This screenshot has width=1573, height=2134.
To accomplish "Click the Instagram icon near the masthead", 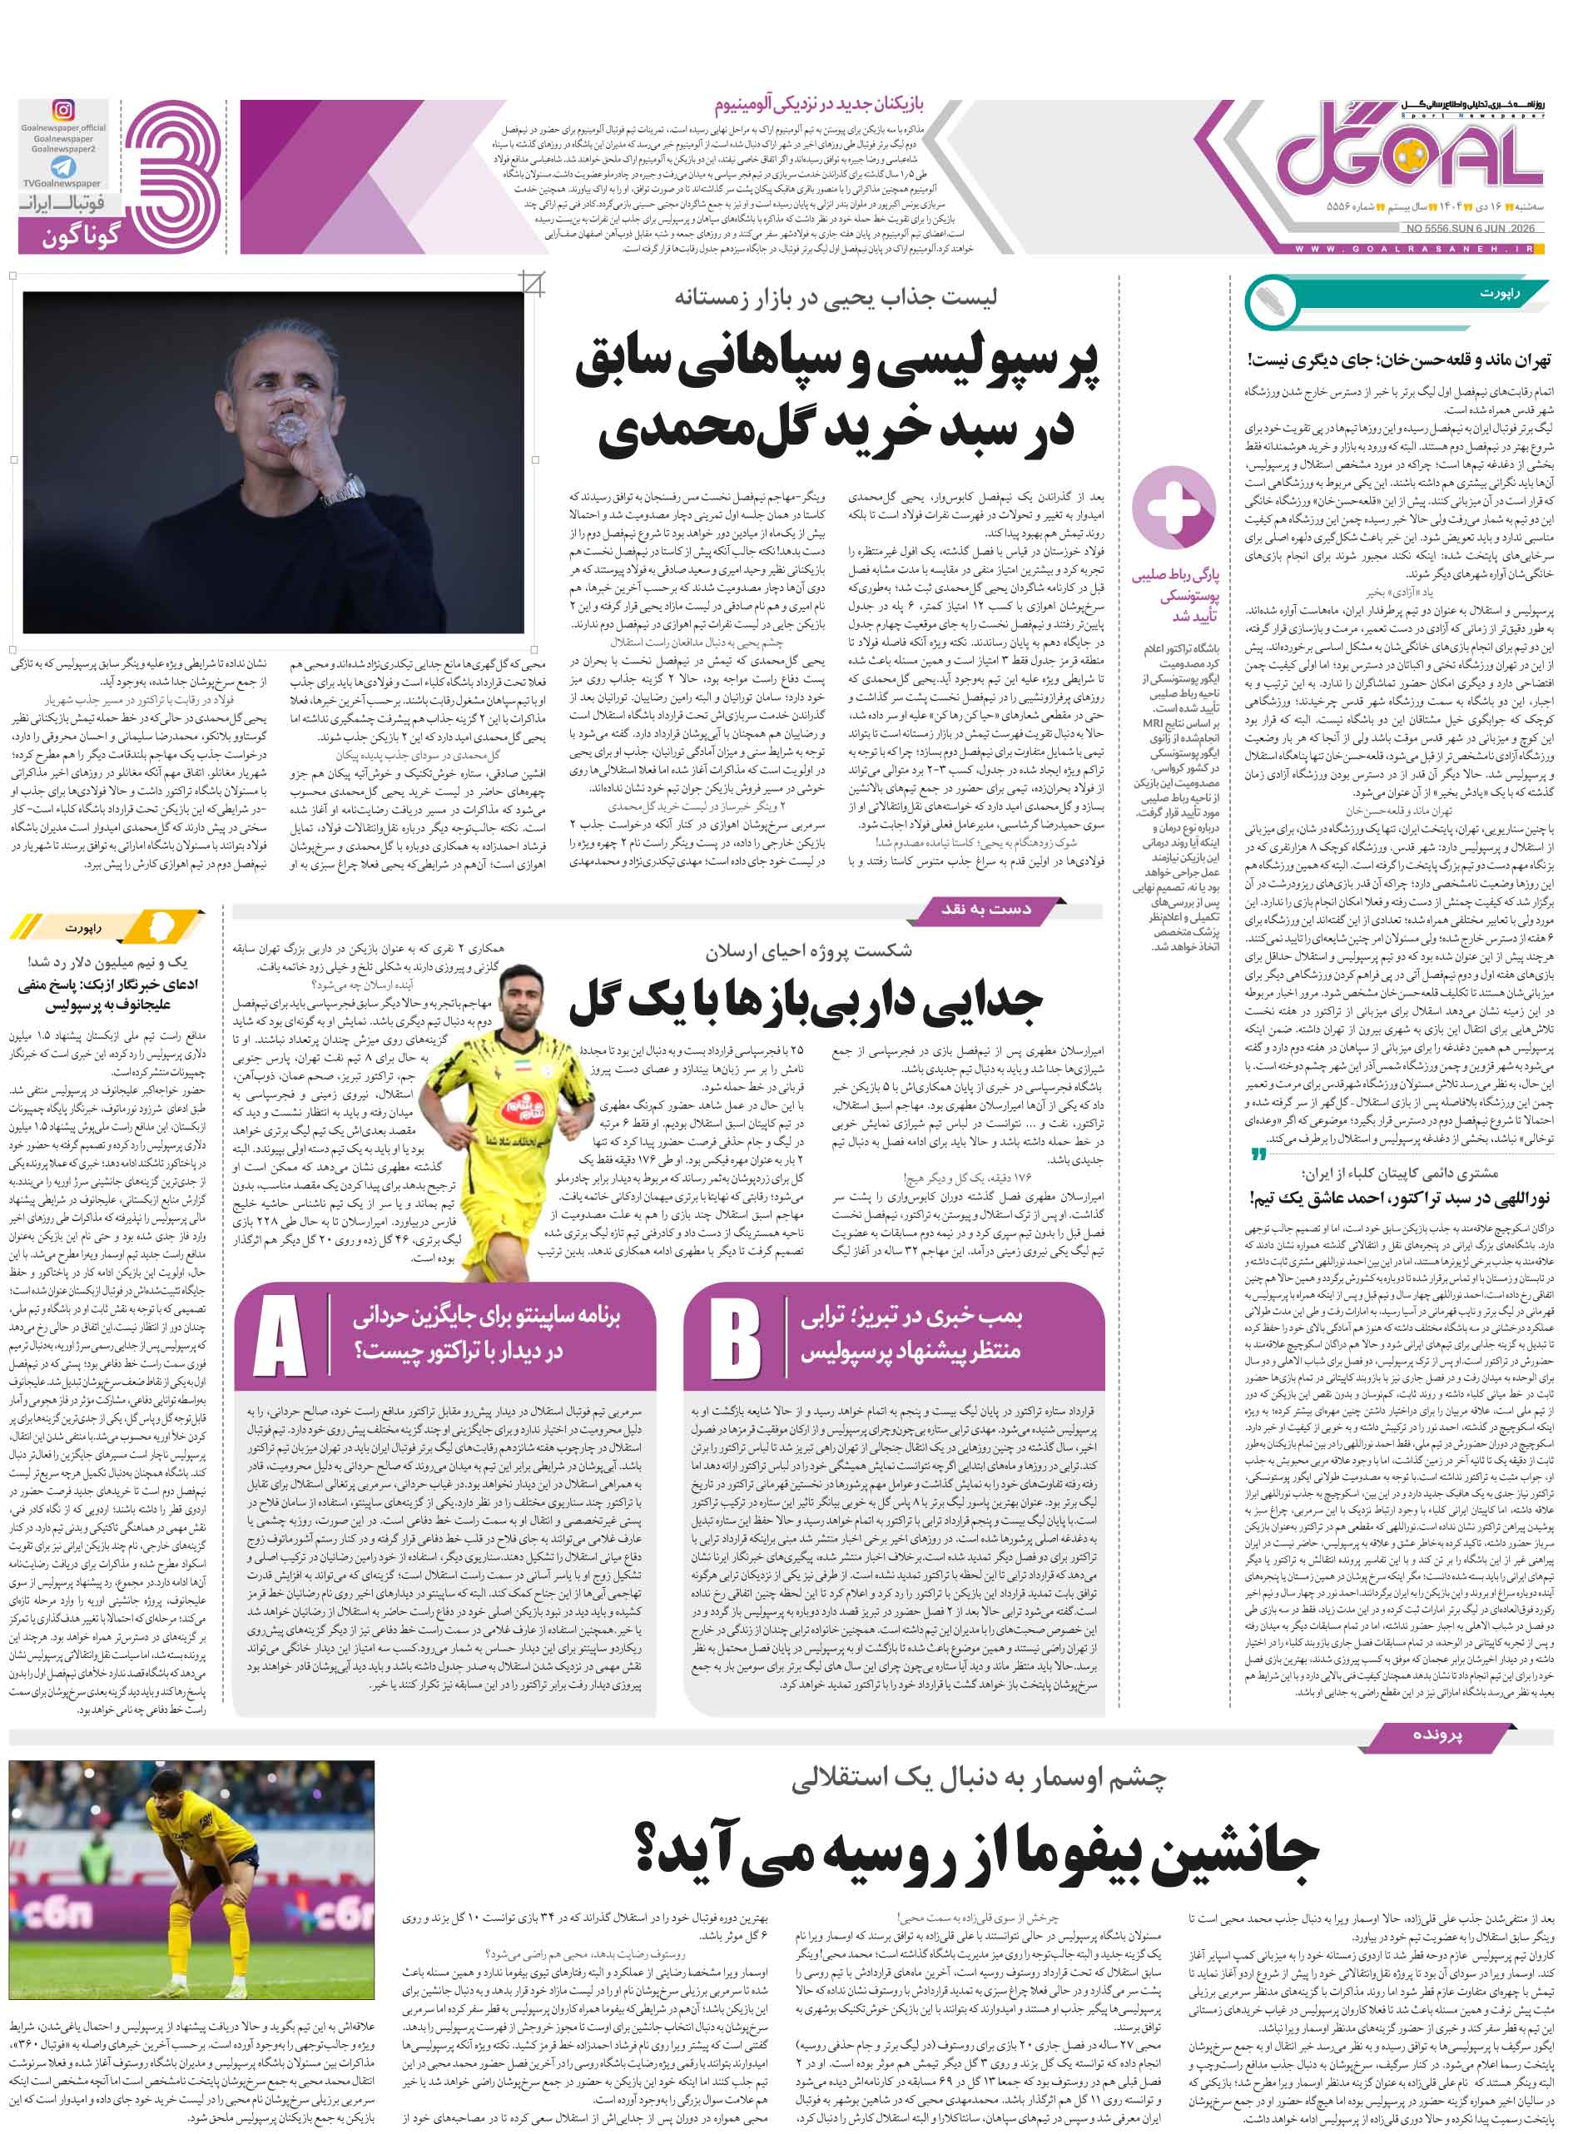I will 64,112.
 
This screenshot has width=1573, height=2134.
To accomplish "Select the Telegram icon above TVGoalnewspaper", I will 64,167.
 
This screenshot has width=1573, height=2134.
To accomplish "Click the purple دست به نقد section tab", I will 985,910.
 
